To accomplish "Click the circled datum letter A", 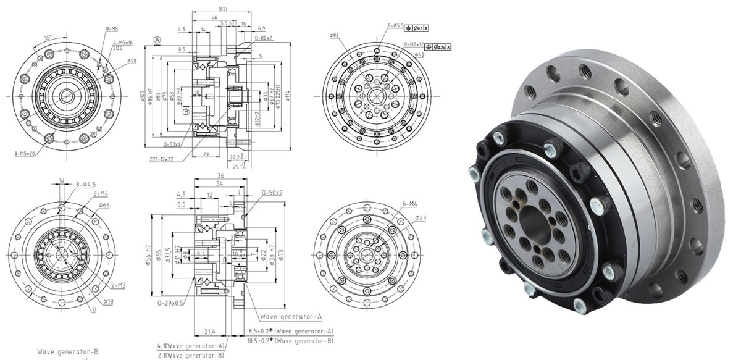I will (x=158, y=40).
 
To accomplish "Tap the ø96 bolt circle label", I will (x=336, y=35).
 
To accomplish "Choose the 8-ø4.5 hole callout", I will (x=86, y=184).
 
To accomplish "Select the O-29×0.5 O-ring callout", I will (x=170, y=303).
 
